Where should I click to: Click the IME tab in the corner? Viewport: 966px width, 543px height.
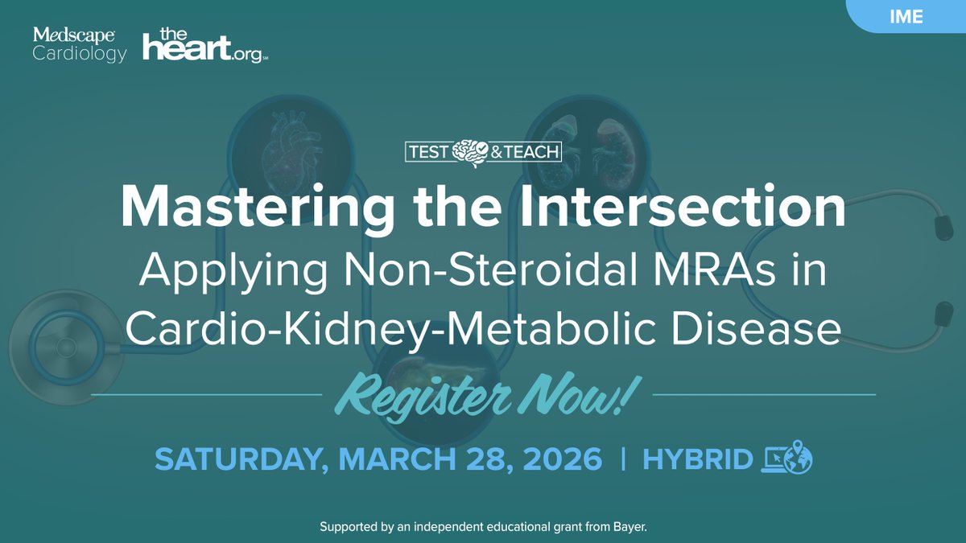click(x=906, y=16)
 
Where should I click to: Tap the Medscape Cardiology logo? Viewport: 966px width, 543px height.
click(x=80, y=45)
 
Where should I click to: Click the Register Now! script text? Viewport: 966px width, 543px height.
click(x=483, y=397)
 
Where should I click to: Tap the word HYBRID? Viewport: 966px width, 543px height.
click(x=698, y=459)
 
